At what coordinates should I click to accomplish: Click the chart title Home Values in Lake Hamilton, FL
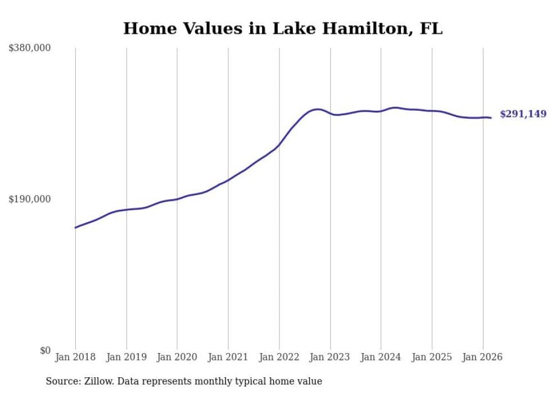[x=283, y=29]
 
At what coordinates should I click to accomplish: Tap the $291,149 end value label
[x=523, y=114]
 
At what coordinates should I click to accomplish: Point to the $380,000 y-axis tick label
[x=29, y=48]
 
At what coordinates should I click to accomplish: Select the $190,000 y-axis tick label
[x=29, y=199]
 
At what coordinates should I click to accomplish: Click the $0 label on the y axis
[x=45, y=350]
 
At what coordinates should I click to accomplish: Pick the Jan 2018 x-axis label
[x=75, y=357]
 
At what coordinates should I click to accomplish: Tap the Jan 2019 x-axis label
[x=127, y=357]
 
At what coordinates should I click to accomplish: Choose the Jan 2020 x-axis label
[x=177, y=357]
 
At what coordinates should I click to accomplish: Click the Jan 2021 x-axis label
[x=228, y=357]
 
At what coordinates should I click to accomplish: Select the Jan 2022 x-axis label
[x=279, y=357]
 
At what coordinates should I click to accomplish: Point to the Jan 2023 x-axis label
[x=330, y=357]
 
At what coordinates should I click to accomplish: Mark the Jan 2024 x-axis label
[x=381, y=357]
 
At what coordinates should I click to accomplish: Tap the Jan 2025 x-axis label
[x=432, y=357]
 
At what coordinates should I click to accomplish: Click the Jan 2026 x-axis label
[x=483, y=357]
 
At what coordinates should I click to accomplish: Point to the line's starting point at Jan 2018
[x=75, y=228]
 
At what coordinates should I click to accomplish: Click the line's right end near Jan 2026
[x=491, y=118]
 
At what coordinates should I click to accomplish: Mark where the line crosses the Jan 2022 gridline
[x=279, y=144]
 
